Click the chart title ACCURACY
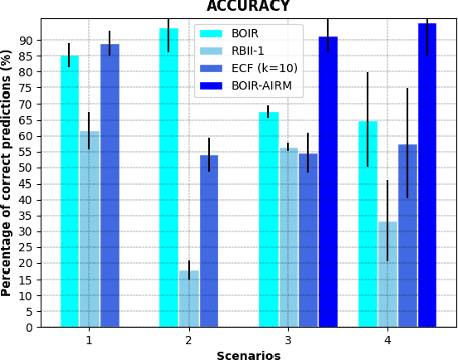[248, 7]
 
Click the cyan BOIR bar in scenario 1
[70, 191]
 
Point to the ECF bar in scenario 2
[209, 241]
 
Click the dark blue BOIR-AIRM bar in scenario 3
[328, 182]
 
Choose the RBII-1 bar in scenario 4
[387, 274]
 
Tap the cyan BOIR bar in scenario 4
[368, 224]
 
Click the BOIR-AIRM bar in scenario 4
[427, 174]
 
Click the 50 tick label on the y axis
[27, 168]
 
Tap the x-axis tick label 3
[288, 340]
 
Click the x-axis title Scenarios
[248, 355]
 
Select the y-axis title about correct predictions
[7, 173]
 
